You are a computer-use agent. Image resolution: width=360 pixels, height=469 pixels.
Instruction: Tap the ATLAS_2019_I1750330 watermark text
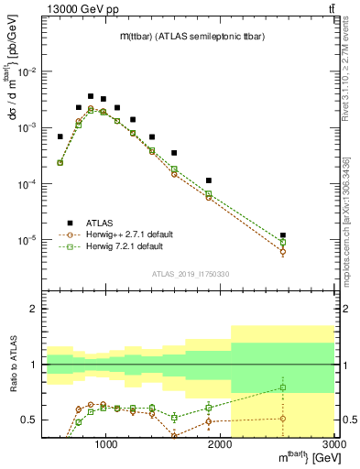[x=190, y=274]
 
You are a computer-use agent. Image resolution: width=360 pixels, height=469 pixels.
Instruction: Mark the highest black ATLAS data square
[x=91, y=96]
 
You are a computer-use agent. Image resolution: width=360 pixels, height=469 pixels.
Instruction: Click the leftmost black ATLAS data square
[x=60, y=136]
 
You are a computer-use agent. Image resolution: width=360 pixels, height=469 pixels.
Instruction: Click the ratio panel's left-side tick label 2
[x=33, y=310]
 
